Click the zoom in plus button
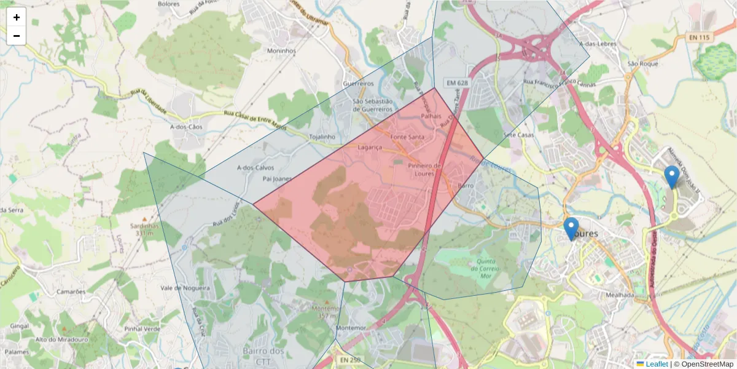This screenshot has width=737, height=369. tap(17, 17)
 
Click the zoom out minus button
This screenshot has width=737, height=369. tap(17, 36)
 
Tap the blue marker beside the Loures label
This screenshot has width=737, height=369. tap(571, 229)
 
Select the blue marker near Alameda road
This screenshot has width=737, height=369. tap(672, 177)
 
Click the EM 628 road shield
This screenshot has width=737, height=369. tap(457, 82)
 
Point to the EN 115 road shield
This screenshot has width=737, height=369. tap(699, 38)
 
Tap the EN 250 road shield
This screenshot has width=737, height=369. tap(350, 360)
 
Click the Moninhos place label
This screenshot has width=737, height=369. tap(281, 51)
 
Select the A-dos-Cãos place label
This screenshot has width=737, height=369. tap(185, 127)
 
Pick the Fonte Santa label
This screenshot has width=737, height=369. tap(407, 137)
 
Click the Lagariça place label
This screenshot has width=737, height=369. tap(370, 148)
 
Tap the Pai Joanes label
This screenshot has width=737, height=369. tap(277, 179)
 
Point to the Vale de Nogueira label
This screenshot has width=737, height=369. tap(185, 288)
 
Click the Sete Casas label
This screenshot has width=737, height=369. tap(517, 135)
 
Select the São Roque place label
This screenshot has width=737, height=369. tap(643, 63)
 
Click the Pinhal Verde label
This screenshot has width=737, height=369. tap(142, 329)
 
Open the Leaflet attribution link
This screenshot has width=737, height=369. tap(656, 364)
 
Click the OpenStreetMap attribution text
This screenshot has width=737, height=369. tap(703, 364)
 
